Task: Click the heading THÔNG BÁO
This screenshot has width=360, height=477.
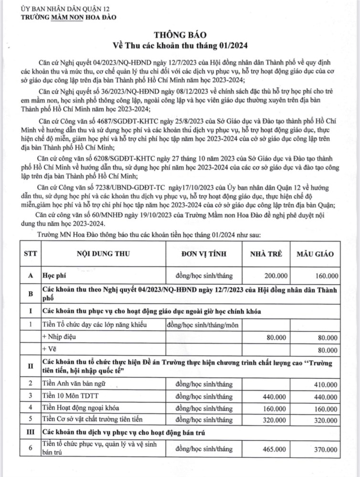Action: tap(180, 35)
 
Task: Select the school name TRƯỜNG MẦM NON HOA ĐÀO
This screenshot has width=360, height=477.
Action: tap(68, 18)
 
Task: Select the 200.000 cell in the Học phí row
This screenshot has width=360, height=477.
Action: tap(275, 275)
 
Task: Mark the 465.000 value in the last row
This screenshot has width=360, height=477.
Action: tap(275, 449)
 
